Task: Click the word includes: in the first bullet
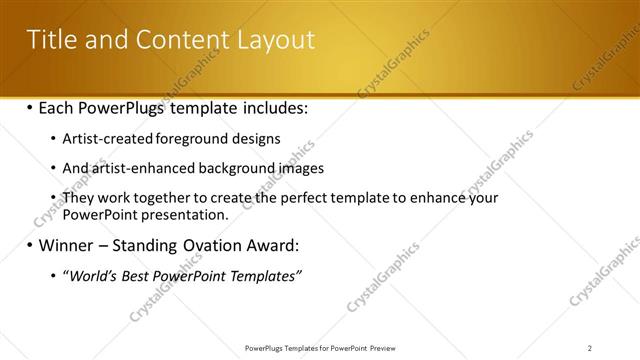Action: point(269,107)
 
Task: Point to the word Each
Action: point(59,107)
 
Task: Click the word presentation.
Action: point(187,214)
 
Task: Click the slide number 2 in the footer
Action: point(590,348)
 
